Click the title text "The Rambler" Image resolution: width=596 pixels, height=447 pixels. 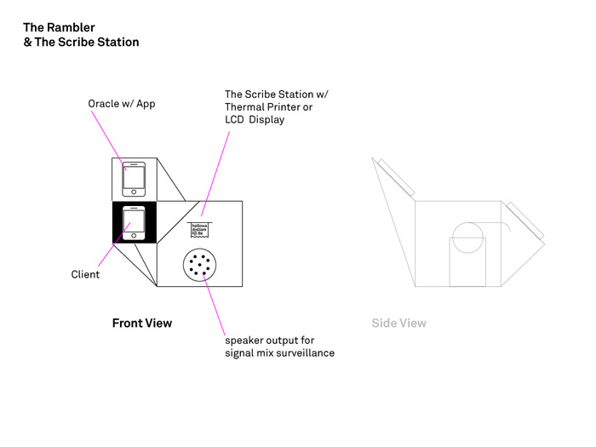[x=59, y=27]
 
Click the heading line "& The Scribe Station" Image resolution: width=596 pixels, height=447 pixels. [x=81, y=42]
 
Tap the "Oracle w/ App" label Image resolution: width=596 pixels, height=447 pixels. [x=122, y=104]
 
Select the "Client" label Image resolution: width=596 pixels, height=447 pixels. [x=85, y=274]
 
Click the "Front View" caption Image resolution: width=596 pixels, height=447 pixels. [x=142, y=324]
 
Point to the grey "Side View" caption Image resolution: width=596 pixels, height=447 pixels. [x=398, y=324]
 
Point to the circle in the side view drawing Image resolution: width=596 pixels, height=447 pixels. [x=467, y=236]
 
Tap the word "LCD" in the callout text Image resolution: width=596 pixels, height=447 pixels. [x=235, y=120]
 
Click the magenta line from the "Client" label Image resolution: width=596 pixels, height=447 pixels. [x=111, y=249]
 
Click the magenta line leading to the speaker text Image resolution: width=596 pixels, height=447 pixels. [x=215, y=307]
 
